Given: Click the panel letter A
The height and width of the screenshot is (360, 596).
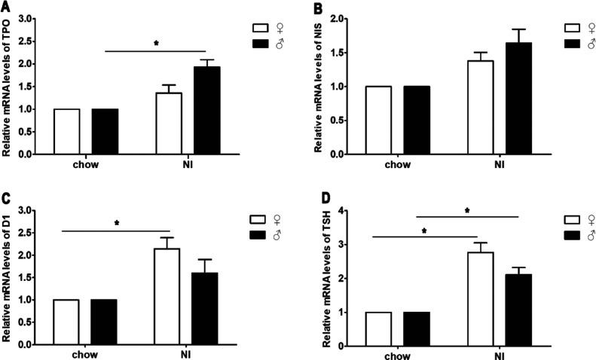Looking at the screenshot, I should [6, 7].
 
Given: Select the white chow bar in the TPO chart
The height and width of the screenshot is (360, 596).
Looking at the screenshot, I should [66, 132].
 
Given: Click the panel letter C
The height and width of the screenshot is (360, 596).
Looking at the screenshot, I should [6, 199].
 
